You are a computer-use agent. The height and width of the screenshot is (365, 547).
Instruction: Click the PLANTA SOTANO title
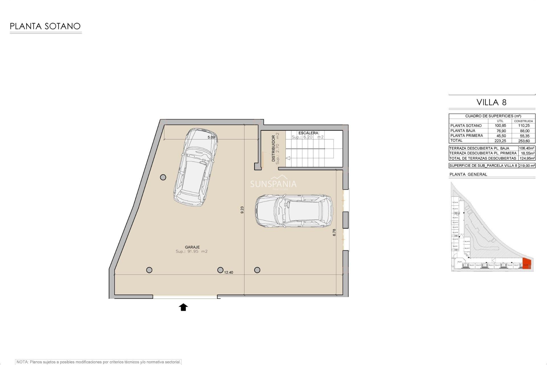point(45,26)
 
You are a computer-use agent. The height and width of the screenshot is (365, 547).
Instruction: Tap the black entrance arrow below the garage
point(183,307)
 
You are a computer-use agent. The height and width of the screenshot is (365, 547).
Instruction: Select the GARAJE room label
point(192,247)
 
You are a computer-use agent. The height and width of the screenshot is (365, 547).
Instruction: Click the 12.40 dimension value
point(228,272)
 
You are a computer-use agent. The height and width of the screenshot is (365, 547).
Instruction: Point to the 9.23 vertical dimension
point(242,210)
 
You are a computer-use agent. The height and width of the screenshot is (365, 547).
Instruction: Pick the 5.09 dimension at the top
point(211,137)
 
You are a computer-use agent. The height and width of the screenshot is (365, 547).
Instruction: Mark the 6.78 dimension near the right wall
point(334,232)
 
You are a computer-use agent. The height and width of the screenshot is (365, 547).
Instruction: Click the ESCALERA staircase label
point(308,133)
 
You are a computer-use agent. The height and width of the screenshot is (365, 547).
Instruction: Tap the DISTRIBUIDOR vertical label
point(273,148)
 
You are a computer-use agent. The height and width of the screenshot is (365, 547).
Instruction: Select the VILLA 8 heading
point(491,102)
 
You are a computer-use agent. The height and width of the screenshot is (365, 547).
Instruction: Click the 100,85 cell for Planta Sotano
point(500,126)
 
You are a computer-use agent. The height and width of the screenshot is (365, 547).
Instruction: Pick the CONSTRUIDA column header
point(523,121)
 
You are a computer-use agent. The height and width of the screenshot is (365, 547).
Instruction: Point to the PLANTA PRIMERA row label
point(466,136)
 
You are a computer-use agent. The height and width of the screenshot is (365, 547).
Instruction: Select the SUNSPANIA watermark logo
point(273,184)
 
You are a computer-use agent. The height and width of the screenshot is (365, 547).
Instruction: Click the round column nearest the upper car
point(163,177)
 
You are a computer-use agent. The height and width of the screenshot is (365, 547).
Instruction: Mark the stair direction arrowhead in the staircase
point(288,158)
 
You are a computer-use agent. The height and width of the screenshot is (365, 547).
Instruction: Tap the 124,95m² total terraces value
point(527,158)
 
